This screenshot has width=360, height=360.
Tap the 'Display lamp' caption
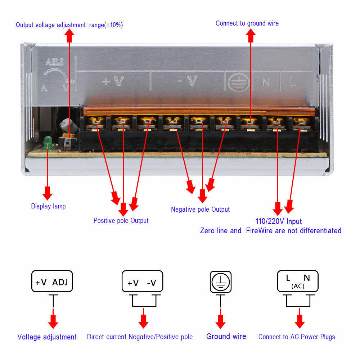click(x=48, y=206)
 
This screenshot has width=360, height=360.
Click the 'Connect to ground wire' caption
click(x=247, y=23)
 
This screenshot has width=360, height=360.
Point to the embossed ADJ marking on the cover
click(x=55, y=62)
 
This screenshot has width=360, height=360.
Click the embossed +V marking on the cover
click(x=113, y=81)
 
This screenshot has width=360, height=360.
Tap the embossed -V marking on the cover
click(x=188, y=82)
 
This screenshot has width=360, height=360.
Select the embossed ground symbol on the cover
click(x=237, y=82)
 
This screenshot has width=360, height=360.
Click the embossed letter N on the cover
click(x=266, y=82)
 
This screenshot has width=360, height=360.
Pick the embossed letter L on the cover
click(x=293, y=82)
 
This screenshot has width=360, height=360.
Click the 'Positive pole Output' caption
click(x=121, y=220)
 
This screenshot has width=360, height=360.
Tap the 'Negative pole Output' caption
click(x=200, y=210)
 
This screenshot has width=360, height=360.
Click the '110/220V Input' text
click(x=278, y=221)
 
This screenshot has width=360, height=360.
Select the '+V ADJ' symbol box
click(x=52, y=282)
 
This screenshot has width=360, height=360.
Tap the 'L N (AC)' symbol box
click(x=297, y=281)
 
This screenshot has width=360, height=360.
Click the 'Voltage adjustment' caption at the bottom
click(x=47, y=337)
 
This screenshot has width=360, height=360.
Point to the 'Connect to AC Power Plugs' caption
click(x=297, y=337)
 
